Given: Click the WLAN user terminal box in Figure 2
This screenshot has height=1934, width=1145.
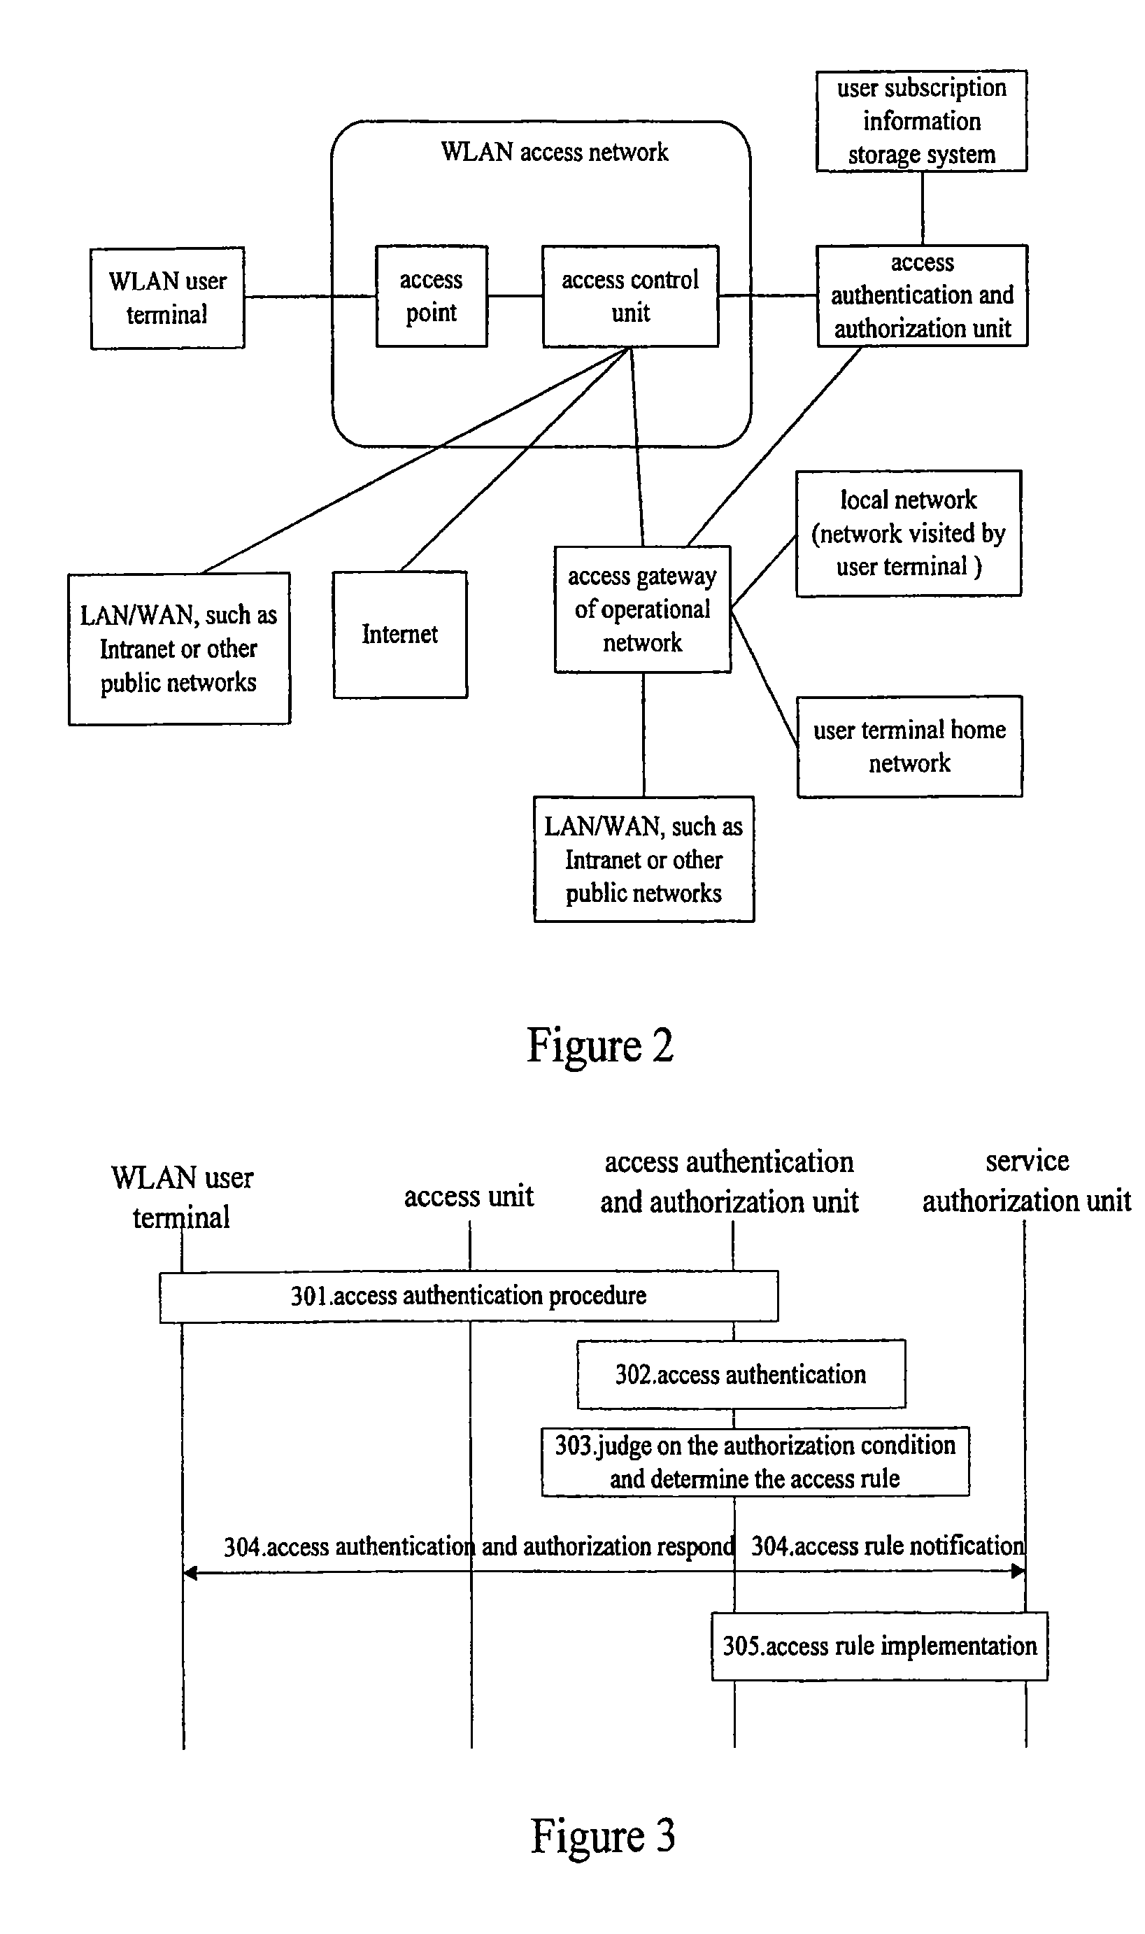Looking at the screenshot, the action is tap(167, 298).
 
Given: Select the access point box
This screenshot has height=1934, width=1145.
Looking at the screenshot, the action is tap(432, 297).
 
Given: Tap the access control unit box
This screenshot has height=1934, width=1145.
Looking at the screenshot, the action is tap(630, 297).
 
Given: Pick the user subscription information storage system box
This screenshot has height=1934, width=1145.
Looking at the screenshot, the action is tap(922, 121).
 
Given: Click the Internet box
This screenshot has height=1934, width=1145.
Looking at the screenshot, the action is tap(399, 635).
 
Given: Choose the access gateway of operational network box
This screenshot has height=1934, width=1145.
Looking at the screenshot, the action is tap(643, 609).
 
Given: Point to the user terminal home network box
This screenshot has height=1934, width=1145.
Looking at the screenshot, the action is tap(910, 747).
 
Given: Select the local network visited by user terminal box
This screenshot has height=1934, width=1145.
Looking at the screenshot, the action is tap(909, 533).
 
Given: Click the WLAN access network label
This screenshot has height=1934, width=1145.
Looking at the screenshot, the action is tap(555, 152).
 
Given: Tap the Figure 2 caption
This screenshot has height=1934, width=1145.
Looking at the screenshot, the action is tap(600, 1047).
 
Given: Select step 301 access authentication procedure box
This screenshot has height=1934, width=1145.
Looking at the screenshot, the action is tap(469, 1297).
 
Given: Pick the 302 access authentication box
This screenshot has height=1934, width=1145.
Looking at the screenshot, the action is tap(741, 1374).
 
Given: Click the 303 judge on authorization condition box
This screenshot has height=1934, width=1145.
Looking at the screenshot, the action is tap(755, 1462).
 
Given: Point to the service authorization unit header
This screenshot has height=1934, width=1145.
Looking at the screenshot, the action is tap(1027, 1181).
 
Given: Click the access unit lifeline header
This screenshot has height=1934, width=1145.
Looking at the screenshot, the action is tap(469, 1197).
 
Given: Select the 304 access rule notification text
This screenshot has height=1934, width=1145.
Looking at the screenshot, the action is tap(888, 1546).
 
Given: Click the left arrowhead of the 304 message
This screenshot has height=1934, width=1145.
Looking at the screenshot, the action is tap(190, 1573).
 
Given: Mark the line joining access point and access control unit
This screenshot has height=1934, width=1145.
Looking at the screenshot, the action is tap(515, 295).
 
